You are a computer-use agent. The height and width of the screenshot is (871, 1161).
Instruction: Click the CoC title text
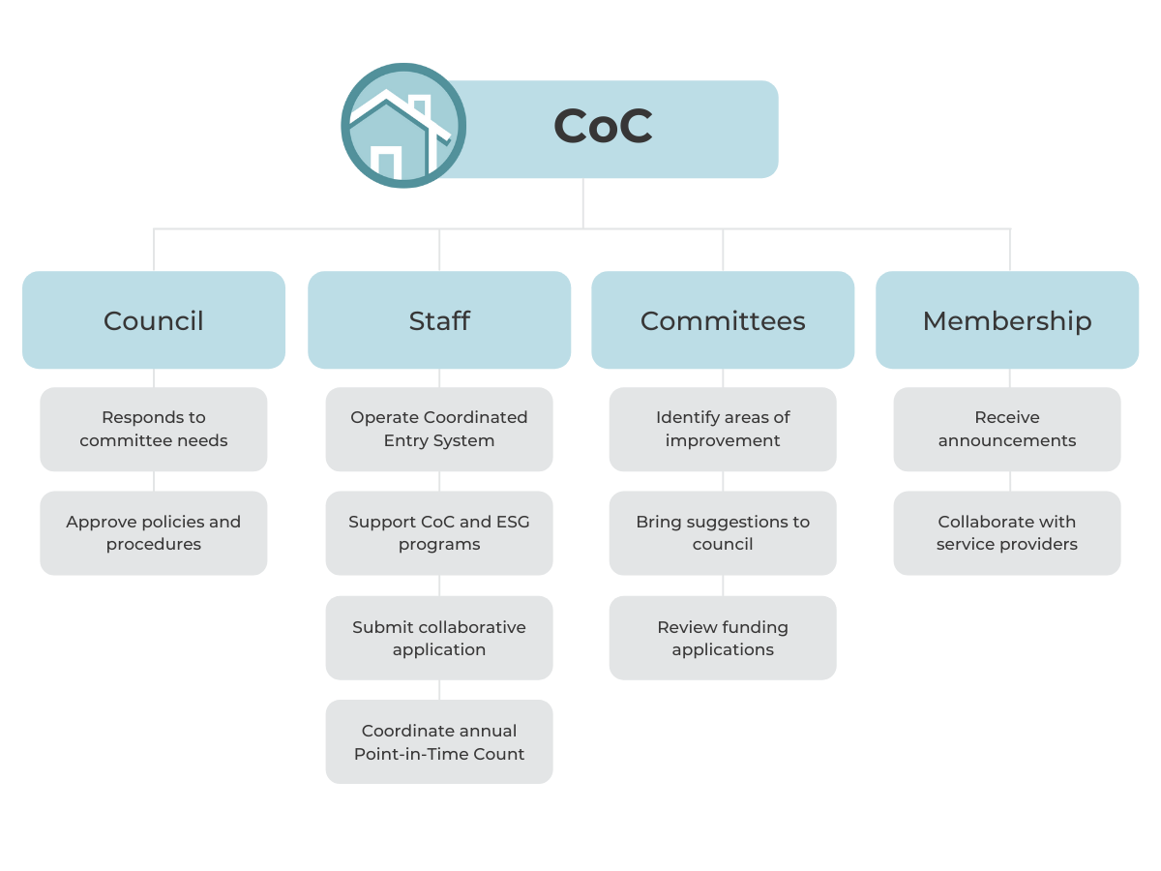(x=603, y=127)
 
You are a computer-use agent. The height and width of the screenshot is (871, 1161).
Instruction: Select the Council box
(x=154, y=320)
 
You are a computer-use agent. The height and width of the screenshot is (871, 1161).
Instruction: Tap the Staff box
(x=439, y=320)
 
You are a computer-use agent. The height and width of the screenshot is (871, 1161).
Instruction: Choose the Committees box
(x=723, y=320)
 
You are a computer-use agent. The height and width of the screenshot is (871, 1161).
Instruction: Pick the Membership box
(x=1007, y=320)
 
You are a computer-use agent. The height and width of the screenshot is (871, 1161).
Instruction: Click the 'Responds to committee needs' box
(x=154, y=429)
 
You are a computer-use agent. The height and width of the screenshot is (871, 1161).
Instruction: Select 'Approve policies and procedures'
(x=154, y=533)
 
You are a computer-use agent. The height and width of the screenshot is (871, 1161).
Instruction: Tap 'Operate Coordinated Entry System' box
(x=439, y=429)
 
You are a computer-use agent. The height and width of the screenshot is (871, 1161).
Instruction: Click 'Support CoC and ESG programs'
(x=439, y=533)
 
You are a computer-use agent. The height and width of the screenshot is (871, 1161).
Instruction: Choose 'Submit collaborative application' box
(x=439, y=638)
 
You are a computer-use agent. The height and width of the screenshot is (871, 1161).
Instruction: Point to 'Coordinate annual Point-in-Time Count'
(x=439, y=742)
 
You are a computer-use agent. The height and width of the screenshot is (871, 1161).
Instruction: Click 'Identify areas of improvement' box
(x=723, y=429)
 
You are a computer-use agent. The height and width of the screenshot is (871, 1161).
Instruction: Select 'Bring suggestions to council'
(x=723, y=533)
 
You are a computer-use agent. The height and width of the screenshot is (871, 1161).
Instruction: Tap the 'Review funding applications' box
(x=723, y=638)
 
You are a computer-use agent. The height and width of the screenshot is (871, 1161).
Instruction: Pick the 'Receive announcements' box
(x=1007, y=429)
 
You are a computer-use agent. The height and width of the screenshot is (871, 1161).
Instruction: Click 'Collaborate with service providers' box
(x=1007, y=533)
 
